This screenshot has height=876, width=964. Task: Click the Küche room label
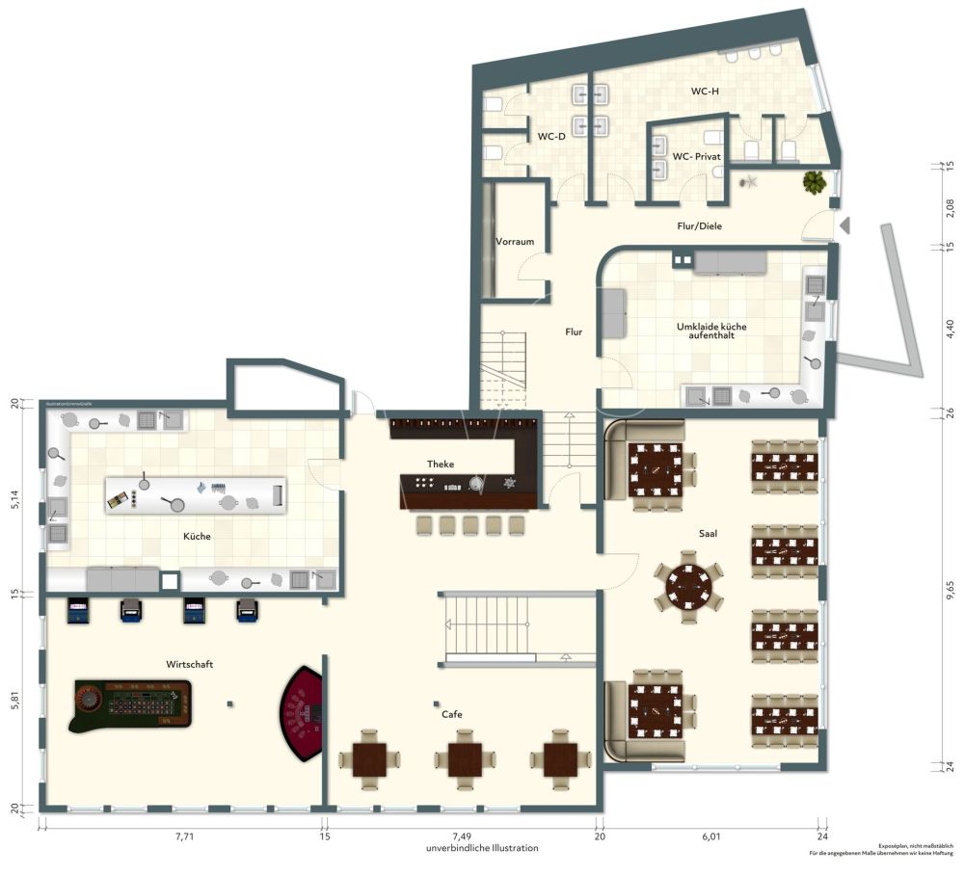(198, 536)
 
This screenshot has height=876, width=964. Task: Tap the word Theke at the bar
(441, 465)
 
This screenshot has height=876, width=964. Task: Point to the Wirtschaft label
(190, 665)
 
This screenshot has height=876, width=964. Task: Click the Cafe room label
(452, 714)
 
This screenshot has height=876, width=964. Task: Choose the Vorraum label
(515, 242)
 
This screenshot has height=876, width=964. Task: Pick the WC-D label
(551, 137)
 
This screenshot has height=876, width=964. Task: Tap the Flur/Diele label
(699, 226)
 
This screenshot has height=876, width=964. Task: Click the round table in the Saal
(688, 583)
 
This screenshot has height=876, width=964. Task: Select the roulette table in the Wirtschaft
(130, 701)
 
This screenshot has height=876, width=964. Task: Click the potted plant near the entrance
(816, 181)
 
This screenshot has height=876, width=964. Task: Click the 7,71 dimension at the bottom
(184, 837)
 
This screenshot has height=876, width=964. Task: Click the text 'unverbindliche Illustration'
(482, 848)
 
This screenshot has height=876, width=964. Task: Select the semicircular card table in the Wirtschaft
(304, 714)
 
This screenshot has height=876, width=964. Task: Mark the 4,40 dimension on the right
(951, 328)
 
